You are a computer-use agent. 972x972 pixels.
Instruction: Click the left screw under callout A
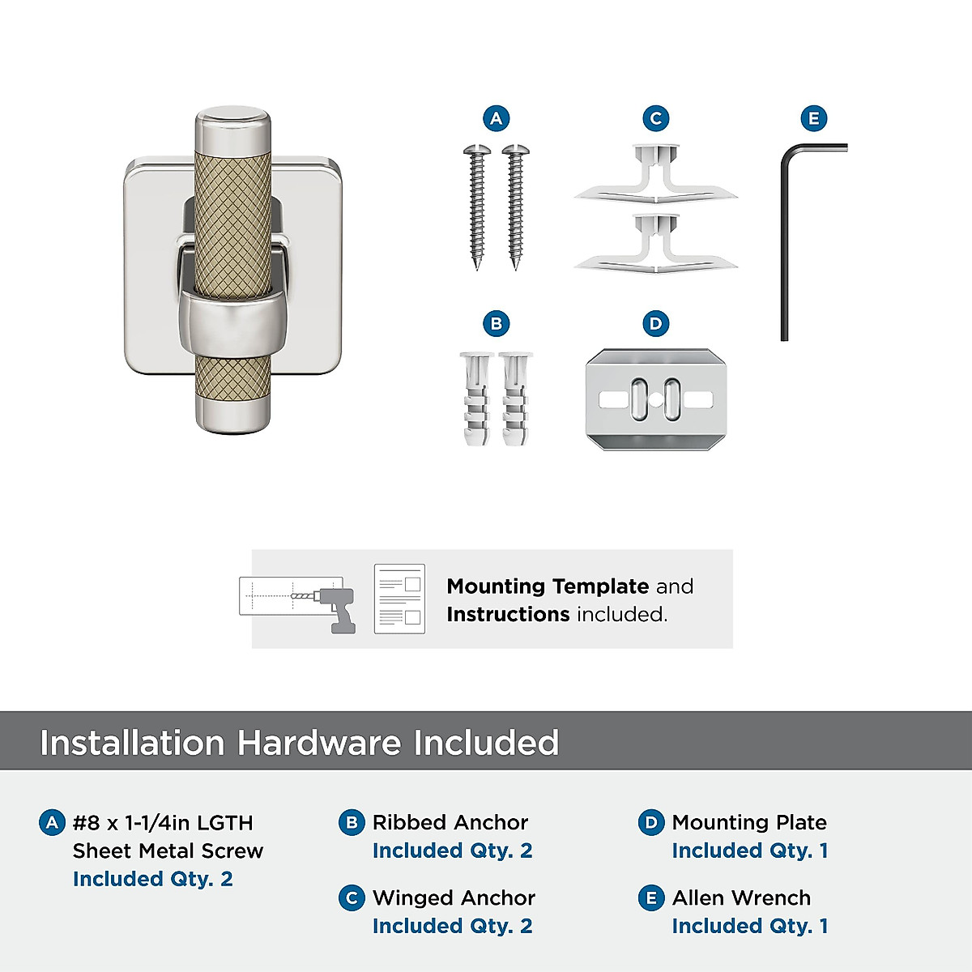click(477, 207)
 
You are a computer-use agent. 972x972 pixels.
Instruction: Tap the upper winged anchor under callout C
click(655, 175)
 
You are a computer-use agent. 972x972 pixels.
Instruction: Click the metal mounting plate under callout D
click(655, 399)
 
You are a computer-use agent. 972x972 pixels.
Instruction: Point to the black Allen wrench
click(785, 243)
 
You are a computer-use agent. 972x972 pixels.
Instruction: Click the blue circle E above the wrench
click(813, 119)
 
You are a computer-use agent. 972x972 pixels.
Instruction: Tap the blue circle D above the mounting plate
click(655, 324)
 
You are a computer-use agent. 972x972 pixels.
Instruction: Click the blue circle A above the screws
click(496, 119)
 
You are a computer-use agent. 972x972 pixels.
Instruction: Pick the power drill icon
click(340, 609)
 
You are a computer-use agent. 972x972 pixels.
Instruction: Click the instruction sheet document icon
click(399, 599)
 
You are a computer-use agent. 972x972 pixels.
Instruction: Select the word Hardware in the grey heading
click(318, 743)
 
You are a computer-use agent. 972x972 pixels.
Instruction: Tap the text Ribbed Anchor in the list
click(450, 822)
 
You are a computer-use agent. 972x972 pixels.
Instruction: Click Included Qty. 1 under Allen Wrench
click(749, 926)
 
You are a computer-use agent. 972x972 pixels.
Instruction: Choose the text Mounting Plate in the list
click(749, 822)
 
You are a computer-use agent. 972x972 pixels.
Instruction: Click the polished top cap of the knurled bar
click(232, 122)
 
